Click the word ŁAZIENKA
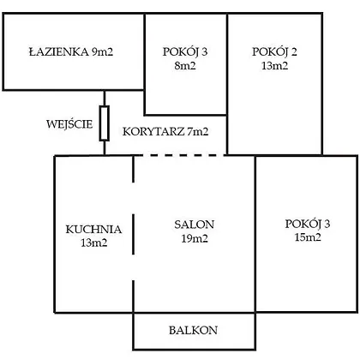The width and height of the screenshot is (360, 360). pyautogui.click(x=58, y=51)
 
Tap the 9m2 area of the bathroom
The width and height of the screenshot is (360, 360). pyautogui.click(x=102, y=52)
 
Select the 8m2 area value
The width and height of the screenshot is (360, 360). pyautogui.click(x=185, y=66)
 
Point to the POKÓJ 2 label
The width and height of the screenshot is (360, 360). pyautogui.click(x=274, y=52)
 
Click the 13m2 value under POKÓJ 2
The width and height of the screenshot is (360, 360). pyautogui.click(x=274, y=66)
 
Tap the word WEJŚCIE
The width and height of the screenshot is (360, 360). pyautogui.click(x=69, y=124)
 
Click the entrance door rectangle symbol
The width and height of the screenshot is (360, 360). pyautogui.click(x=105, y=123)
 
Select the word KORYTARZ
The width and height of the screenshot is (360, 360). pyautogui.click(x=153, y=132)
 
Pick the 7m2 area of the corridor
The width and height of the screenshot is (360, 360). pyautogui.click(x=198, y=132)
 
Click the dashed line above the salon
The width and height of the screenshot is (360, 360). pyautogui.click(x=179, y=155)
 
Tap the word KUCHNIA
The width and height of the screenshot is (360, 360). pyautogui.click(x=93, y=230)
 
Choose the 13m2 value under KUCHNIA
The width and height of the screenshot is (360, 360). pyautogui.click(x=94, y=243)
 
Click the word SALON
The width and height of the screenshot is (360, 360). pyautogui.click(x=194, y=225)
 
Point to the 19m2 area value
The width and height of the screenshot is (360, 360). pyautogui.click(x=195, y=238)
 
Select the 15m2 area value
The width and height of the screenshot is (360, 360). pyautogui.click(x=308, y=237)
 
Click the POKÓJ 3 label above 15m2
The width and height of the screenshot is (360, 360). pyautogui.click(x=308, y=225)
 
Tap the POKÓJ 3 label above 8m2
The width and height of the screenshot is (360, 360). pyautogui.click(x=185, y=52)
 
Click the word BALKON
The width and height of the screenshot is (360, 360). pyautogui.click(x=193, y=330)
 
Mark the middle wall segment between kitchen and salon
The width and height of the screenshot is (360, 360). pyautogui.click(x=134, y=234)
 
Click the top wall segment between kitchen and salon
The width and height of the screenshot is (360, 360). pyautogui.click(x=134, y=169)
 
